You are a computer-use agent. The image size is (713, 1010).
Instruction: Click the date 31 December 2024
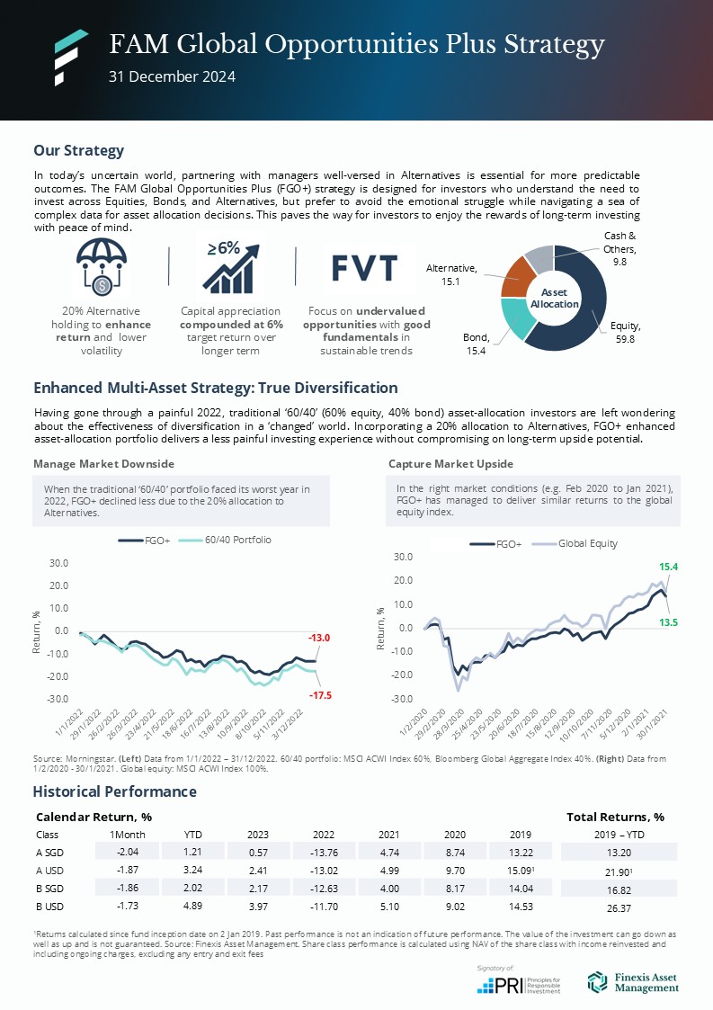172,77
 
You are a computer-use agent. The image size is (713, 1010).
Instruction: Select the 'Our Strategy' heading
78,150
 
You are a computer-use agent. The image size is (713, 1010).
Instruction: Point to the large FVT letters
364,268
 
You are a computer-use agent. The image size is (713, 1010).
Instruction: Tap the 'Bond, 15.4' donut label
476,343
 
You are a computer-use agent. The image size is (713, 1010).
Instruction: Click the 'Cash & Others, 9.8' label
619,249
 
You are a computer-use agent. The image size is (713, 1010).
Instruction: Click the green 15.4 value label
668,568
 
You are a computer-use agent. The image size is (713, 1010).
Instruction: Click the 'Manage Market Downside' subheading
103,464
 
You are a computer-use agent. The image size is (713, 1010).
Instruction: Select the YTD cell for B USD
192,904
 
